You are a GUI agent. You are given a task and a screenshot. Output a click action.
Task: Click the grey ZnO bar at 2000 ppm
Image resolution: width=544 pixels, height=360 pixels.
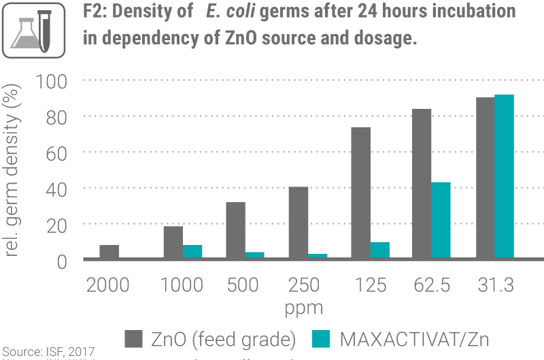coord(109,252)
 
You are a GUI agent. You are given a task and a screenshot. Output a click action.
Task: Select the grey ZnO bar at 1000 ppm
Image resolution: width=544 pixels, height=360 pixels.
coord(173,243)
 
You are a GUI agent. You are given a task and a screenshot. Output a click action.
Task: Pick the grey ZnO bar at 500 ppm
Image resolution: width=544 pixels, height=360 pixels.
coord(235,231)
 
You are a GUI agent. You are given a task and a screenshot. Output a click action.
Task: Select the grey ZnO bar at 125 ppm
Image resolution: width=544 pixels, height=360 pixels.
coord(360,193)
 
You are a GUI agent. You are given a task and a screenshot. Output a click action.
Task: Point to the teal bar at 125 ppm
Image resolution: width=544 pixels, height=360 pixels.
coord(380,250)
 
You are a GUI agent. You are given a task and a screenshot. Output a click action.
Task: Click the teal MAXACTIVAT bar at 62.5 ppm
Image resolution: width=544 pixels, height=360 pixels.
coord(441,220)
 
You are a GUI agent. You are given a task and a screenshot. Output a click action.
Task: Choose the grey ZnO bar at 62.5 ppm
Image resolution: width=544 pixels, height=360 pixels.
coord(422,184)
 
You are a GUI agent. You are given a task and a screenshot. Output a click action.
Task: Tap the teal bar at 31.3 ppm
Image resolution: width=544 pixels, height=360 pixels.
coord(504,178)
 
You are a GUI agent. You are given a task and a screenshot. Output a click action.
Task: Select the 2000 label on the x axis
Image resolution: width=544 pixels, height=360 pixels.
coord(108,285)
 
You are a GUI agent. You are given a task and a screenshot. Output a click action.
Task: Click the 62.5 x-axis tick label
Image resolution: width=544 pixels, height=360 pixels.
coord(431,285)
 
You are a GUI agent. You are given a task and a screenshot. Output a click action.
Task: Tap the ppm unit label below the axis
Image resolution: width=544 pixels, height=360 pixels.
coord(304,308)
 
